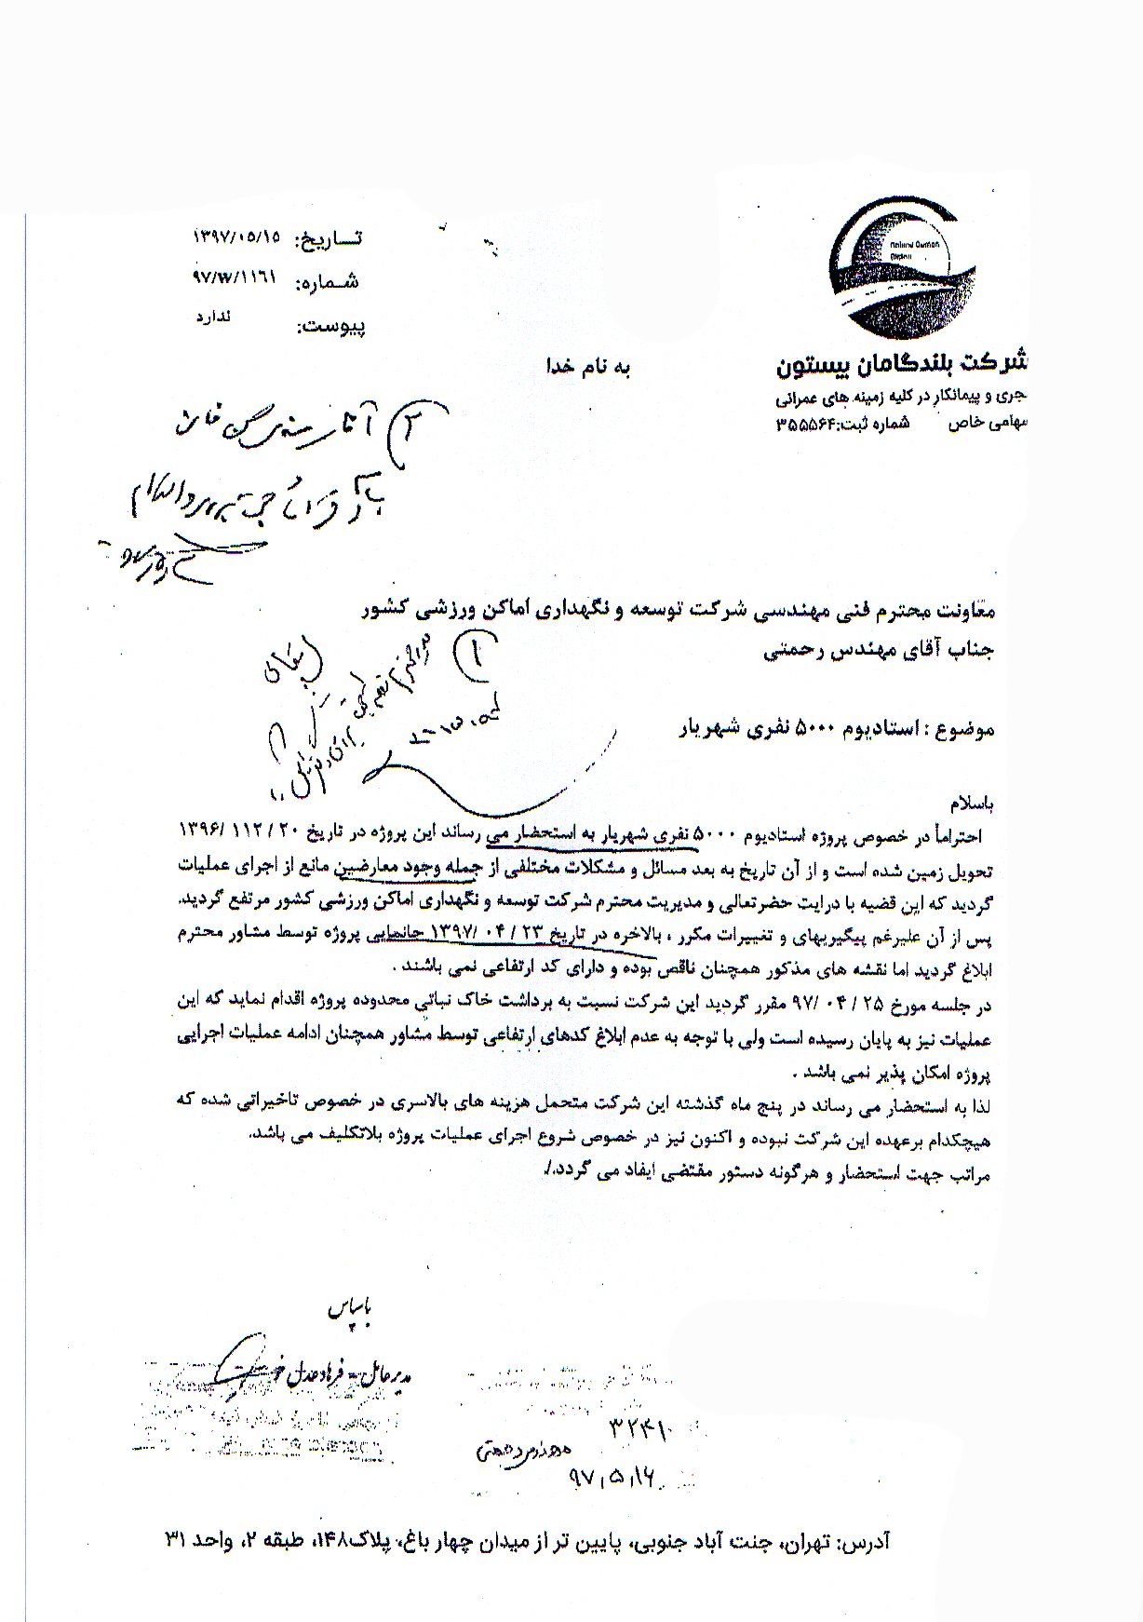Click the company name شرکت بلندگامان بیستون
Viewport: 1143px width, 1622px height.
tap(901, 363)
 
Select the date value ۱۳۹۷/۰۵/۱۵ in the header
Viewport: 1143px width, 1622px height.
tap(237, 237)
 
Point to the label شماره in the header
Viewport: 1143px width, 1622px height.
tap(327, 281)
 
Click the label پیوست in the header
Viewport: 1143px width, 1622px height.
tap(330, 326)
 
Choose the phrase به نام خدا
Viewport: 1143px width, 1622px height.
tap(588, 366)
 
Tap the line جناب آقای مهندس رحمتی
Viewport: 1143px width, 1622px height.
tap(880, 652)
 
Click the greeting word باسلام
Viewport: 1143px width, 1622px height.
tap(971, 803)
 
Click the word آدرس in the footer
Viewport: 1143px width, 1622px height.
tap(864, 1542)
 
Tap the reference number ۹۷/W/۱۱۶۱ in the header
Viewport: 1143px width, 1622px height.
tap(235, 277)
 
